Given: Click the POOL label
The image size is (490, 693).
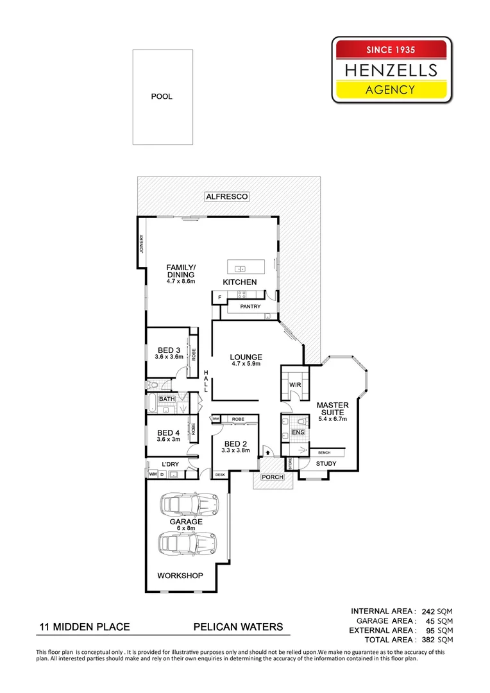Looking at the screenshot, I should click(162, 96).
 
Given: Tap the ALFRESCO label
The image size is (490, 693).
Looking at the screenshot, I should click(226, 196).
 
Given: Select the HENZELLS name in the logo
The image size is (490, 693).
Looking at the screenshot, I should click(391, 69).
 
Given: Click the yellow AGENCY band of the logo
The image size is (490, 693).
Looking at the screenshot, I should click(391, 90).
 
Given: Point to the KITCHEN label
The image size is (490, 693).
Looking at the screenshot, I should click(240, 282).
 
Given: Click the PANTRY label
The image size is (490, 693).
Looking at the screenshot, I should click(250, 307).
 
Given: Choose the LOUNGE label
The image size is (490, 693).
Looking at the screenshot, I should click(247, 357).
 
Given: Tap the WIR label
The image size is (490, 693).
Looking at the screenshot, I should click(295, 384).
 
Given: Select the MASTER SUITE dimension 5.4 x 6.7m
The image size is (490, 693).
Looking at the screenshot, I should click(332, 419).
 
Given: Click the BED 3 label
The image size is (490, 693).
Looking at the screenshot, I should click(169, 350).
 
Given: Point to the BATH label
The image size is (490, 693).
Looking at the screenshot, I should click(167, 399).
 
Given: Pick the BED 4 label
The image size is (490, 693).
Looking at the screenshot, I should click(169, 433).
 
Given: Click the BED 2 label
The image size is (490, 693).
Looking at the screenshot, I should click(235, 444).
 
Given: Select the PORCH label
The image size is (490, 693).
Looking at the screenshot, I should click(273, 477).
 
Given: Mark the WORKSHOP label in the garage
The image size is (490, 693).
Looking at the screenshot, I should click(180, 576).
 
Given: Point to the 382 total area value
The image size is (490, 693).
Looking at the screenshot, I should click(428, 640).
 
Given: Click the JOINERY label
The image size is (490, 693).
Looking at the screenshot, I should click(142, 244).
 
